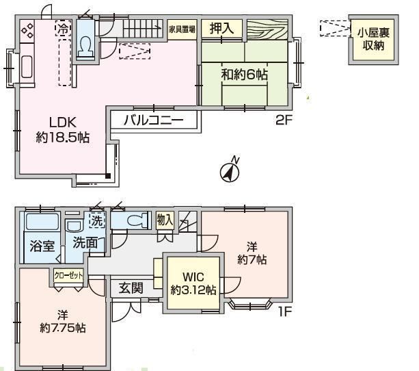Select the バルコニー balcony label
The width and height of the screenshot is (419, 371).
coord(153,120)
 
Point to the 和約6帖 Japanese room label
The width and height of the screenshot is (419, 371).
coord(244,74)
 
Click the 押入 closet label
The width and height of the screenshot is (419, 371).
coord(221,28)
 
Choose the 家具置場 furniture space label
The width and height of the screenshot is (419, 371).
coord(182,29)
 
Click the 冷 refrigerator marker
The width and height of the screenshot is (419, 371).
coord(64,29)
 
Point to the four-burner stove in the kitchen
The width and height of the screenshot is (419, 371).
coord(27,31)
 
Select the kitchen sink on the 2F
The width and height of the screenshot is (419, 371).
coord(27,66)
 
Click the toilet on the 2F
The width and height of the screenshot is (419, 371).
coord(85,47)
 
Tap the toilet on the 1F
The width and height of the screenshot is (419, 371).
coord(137,220)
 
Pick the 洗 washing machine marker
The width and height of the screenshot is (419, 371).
coord(97,220)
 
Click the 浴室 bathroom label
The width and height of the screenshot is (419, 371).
coord(42,246)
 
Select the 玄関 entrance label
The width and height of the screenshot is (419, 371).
coord(131,288)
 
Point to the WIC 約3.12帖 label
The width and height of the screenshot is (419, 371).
coord(193,283)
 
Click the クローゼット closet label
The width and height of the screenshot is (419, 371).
coord(68,276)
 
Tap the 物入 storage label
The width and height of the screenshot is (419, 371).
coord(165,220)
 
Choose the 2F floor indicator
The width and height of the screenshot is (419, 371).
coord(284,120)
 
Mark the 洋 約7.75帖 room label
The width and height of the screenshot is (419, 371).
coord(63,322)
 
